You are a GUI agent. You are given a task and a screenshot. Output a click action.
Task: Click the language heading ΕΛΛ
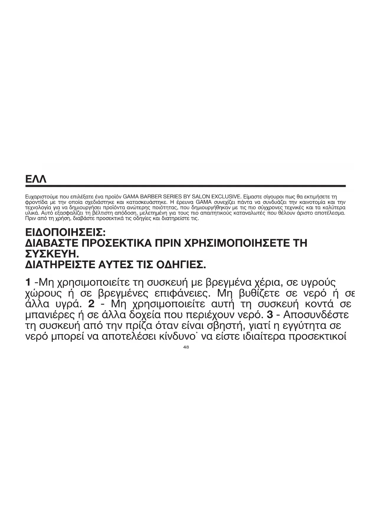point(36,179)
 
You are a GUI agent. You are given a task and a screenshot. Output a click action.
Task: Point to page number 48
point(186,347)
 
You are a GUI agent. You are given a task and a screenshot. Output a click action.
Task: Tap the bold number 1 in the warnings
point(28,282)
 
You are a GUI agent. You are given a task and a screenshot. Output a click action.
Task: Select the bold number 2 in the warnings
point(91,304)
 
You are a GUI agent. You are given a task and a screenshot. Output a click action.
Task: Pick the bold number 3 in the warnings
point(271,315)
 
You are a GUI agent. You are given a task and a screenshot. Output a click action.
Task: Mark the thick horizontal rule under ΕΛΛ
point(185,186)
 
